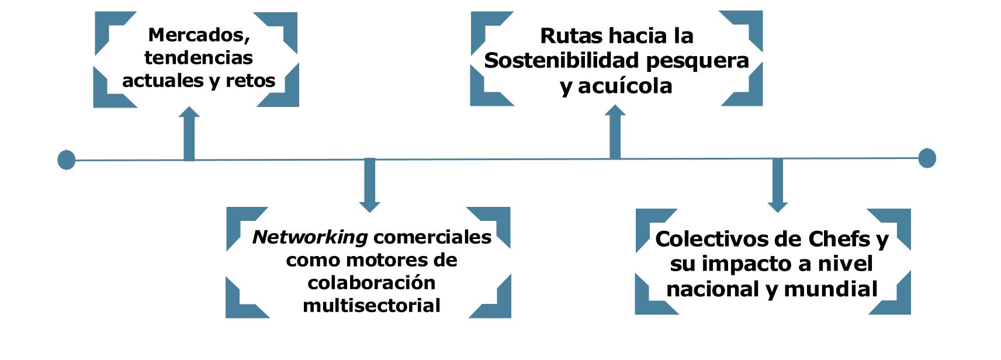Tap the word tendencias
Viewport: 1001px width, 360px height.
point(199,57)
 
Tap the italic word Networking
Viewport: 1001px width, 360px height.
point(310,237)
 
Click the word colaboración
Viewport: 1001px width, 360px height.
point(371,283)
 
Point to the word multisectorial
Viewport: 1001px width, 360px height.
point(371,305)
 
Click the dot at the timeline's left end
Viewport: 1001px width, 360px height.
point(67,160)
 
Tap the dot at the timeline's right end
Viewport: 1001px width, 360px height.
point(927,158)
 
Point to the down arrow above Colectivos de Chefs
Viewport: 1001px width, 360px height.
point(777,185)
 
